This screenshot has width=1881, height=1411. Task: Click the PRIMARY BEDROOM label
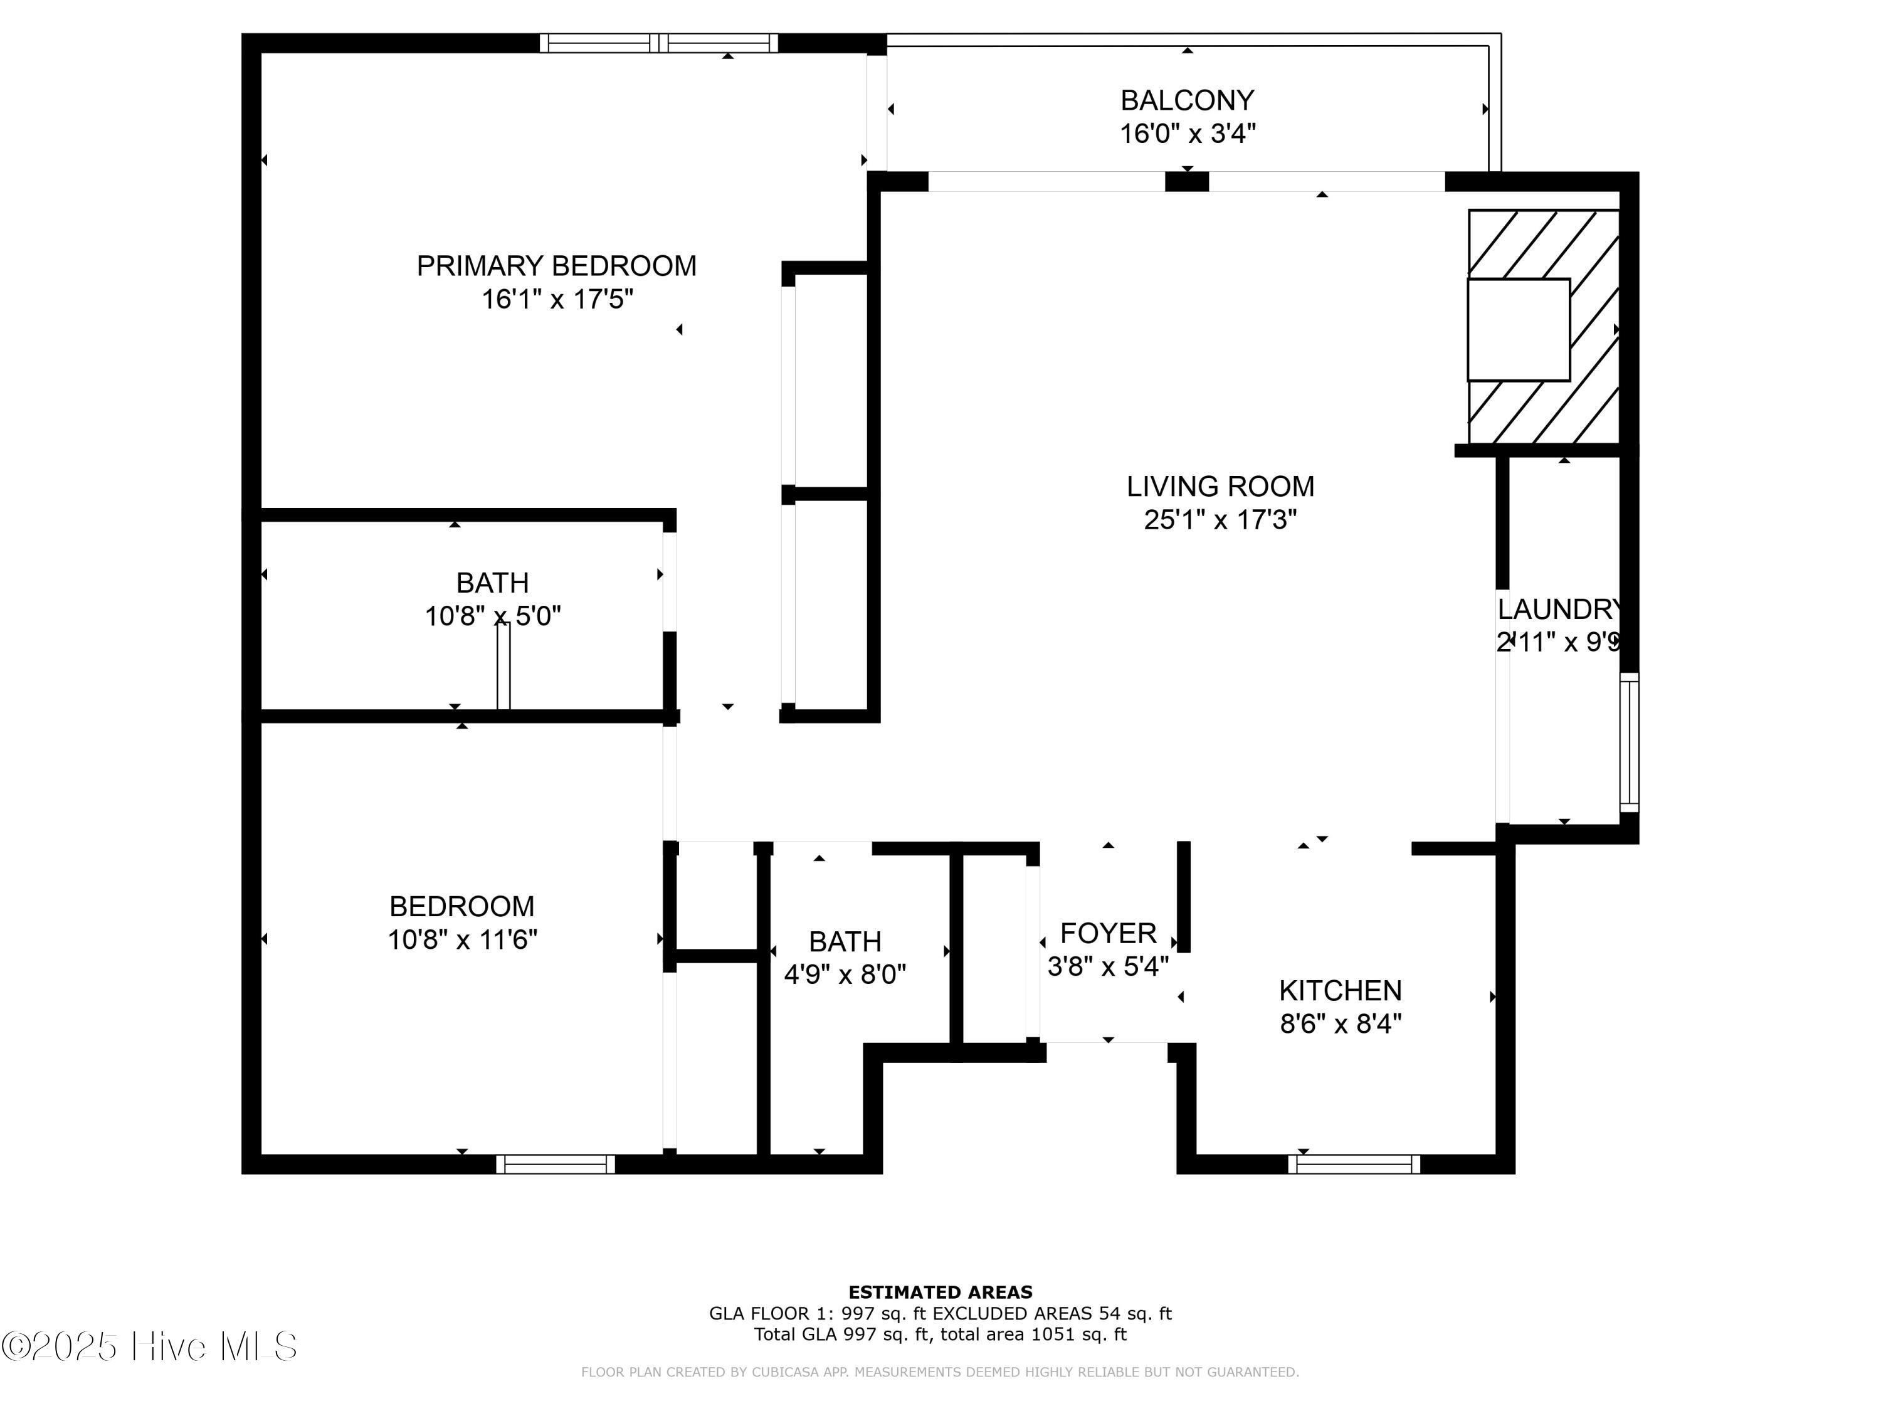[x=556, y=267]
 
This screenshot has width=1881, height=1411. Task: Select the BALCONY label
[x=1187, y=100]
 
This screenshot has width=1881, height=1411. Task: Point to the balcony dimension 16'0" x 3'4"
[x=1187, y=134]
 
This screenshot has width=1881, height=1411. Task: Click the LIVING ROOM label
[x=1220, y=487]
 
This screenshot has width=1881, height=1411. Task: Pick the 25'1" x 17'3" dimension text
[x=1220, y=520]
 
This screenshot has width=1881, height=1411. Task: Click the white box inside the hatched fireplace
[x=1518, y=330]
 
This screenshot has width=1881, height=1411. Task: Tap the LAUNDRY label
[x=1559, y=609]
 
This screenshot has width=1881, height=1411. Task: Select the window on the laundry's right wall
[x=1628, y=742]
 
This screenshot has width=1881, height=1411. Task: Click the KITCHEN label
[x=1340, y=990]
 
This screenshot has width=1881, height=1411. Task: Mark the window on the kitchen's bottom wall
[x=1354, y=1165]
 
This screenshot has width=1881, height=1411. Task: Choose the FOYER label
[x=1108, y=933]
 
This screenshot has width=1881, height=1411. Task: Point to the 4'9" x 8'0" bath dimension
[x=845, y=974]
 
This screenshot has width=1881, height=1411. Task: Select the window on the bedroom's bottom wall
[x=556, y=1165]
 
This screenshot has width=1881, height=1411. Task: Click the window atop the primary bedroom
[x=659, y=43]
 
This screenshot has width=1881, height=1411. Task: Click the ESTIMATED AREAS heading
[x=940, y=1292]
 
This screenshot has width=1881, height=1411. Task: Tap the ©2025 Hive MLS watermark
[x=149, y=1346]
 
